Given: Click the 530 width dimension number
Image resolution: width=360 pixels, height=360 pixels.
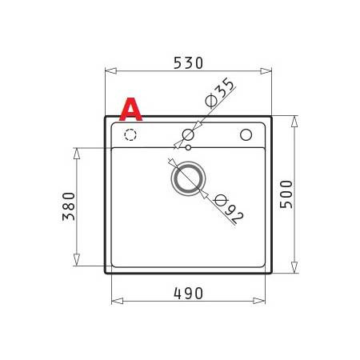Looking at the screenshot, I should coord(189,62).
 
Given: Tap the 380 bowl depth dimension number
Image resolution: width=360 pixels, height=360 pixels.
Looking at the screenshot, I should coord(68,206).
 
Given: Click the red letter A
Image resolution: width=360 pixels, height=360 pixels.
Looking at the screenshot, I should coord(130,110).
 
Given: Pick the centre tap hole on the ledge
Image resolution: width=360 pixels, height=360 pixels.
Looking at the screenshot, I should coord(188,134).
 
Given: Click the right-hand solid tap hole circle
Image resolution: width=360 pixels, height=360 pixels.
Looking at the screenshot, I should coord(246,134).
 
